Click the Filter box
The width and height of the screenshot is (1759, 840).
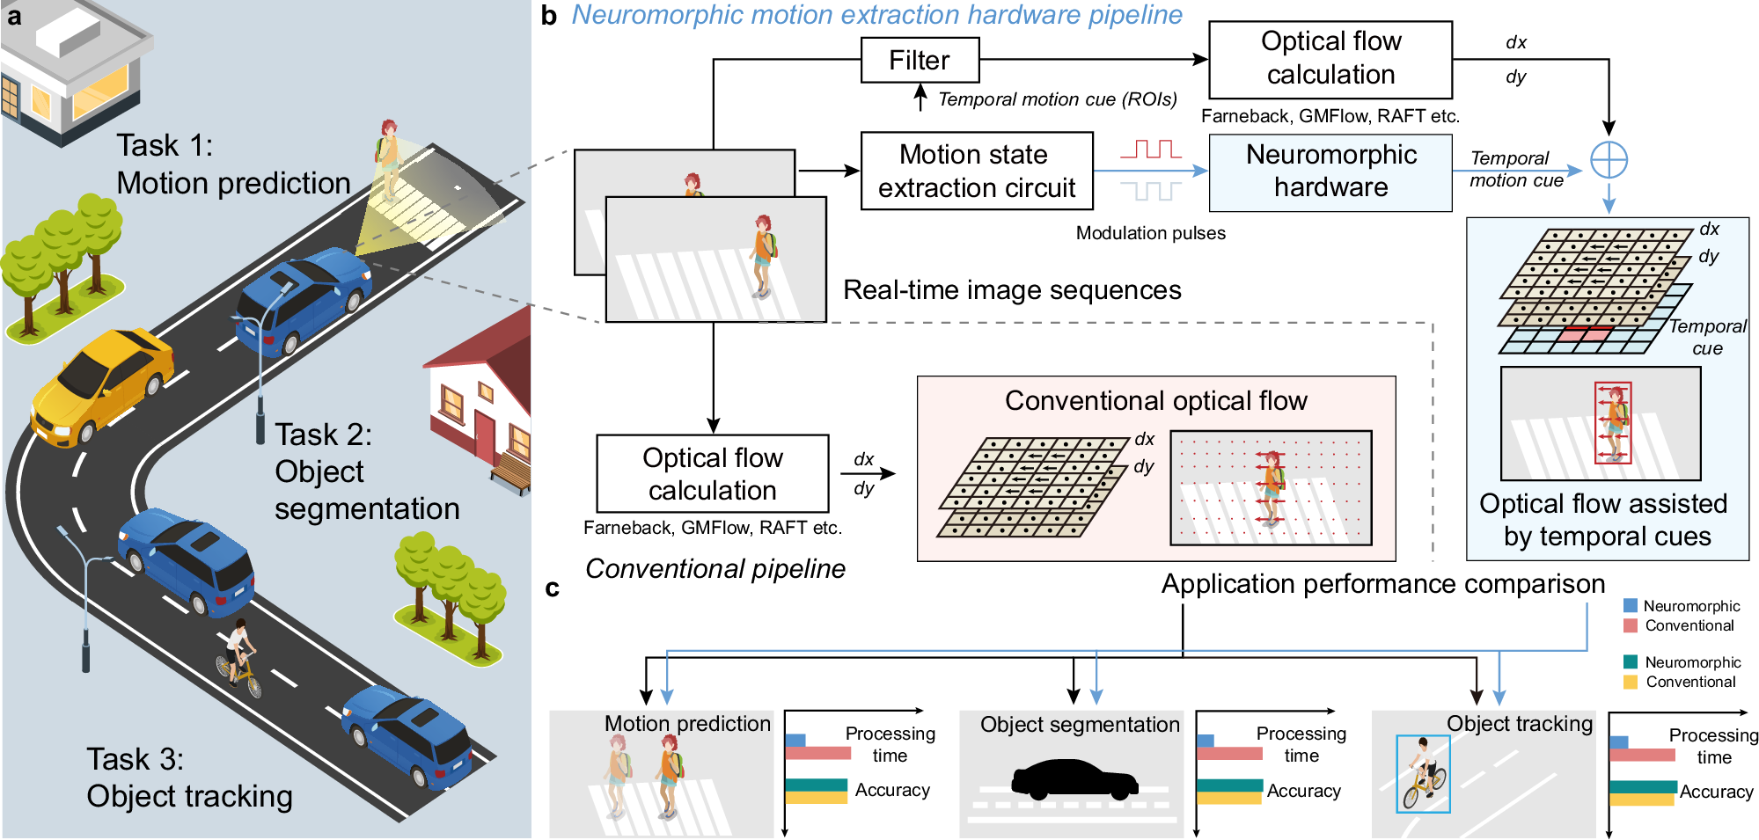point(920,60)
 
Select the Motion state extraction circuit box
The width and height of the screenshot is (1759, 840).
point(977,171)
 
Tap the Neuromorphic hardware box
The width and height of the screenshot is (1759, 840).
point(1330,172)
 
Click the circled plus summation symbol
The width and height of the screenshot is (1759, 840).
point(1609,160)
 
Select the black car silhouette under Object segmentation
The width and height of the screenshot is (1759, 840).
point(1074,779)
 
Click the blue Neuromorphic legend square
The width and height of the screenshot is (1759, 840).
point(1631,606)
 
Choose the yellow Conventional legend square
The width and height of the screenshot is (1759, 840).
point(1631,682)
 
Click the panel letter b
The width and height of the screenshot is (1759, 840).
point(549,16)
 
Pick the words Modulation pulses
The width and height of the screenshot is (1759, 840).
point(1150,233)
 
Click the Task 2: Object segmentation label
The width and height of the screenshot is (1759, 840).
point(365,471)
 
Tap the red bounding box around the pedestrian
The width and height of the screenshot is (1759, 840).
point(1613,423)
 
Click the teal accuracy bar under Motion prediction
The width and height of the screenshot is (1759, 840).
point(816,785)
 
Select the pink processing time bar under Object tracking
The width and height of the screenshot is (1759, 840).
point(1642,755)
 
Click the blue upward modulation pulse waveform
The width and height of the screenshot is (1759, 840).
point(1152,149)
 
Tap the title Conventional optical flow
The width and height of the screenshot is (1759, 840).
point(1155,401)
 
